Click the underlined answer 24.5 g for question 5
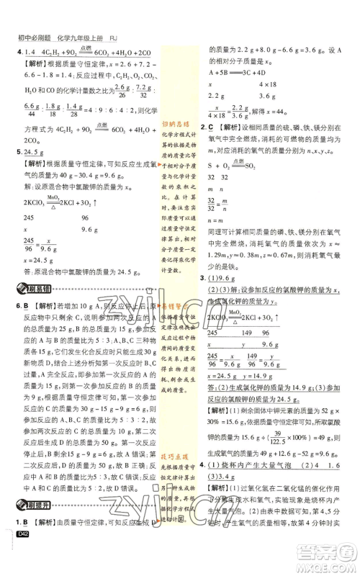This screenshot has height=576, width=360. tap(35, 153)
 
